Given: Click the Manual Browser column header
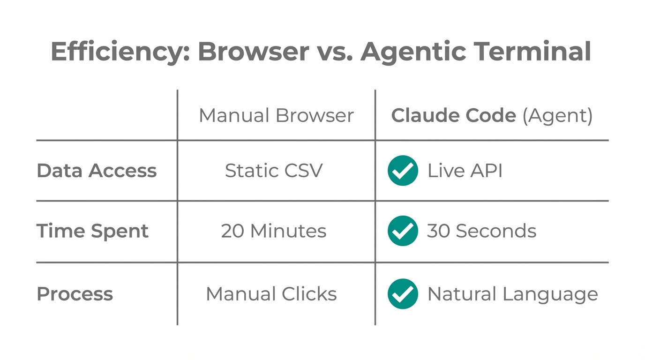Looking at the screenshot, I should point(276,115).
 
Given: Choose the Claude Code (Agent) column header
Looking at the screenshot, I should point(492,115).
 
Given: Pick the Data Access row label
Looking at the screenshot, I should point(97,171).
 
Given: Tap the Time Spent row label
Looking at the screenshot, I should point(92,231).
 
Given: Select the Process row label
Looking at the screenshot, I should point(75,294).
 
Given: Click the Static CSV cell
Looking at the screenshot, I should point(274,171).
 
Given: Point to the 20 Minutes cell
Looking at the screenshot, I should point(274,231).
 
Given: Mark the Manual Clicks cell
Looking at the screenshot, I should point(271,294).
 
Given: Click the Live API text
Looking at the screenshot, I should point(465,171).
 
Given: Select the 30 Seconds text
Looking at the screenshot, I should point(481,231).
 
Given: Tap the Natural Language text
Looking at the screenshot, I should point(512,294).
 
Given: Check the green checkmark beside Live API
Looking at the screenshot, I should point(403,171).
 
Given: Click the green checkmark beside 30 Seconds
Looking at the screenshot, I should point(403,231).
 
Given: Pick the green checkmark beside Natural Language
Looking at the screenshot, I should point(403,294).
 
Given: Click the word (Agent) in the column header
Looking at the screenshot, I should point(557,116).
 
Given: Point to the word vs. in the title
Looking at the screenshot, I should point(335,51).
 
